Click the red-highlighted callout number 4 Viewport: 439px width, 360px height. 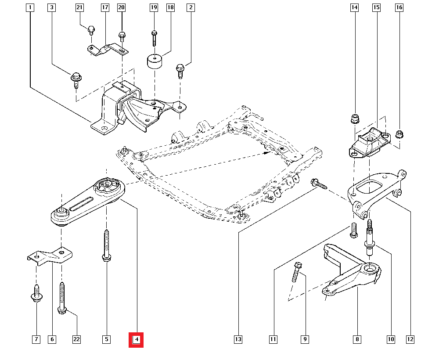point(136,339)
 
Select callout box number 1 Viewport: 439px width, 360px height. point(29,7)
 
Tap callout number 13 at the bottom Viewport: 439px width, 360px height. point(238,339)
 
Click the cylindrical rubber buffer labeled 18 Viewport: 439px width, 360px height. point(154,61)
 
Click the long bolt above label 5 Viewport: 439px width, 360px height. point(106,246)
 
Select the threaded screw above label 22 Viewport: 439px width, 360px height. point(61,299)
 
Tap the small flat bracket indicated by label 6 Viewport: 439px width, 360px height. point(49,256)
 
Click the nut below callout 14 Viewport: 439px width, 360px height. point(354,119)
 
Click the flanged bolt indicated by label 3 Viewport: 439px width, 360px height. point(75,79)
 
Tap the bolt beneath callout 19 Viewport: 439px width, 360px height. point(154,38)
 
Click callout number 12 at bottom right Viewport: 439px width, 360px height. point(410,339)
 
